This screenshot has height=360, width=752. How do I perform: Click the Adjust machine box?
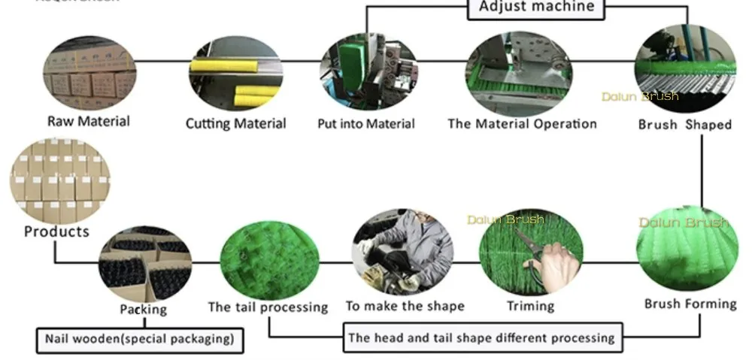pos(536,8)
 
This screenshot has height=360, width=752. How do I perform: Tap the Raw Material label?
pos(89,121)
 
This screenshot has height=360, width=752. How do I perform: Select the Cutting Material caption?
pos(235,123)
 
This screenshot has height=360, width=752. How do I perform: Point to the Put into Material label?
pos(365,123)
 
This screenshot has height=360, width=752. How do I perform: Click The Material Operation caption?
pos(522,123)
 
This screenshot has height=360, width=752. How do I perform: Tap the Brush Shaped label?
pos(684,125)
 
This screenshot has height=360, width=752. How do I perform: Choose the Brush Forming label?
pos(690,304)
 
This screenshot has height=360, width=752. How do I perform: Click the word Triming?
pos(530,306)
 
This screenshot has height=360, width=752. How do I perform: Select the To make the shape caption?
pos(405,306)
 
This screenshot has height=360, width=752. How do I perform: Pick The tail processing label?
pos(268,307)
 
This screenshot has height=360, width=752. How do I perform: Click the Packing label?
pos(143,309)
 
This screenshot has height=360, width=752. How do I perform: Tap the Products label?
pos(56,231)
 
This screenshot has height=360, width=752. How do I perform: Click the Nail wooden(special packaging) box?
pos(140,339)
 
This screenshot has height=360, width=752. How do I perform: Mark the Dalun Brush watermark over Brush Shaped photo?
pos(640,96)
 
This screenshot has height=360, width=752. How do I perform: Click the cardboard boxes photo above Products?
pos(59,180)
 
